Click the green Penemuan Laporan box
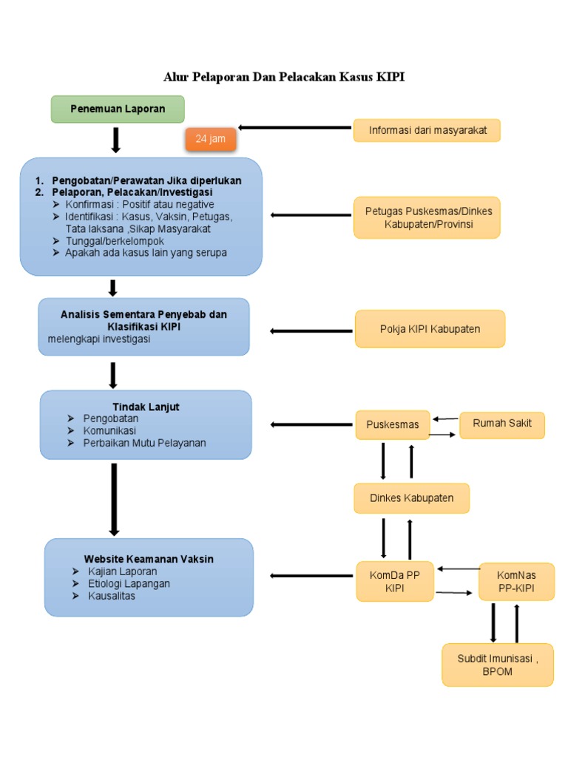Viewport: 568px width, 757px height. point(118,109)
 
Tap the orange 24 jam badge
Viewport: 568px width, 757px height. point(211,139)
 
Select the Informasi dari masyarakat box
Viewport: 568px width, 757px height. point(427,131)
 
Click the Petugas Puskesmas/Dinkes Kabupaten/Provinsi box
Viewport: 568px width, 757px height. point(427,217)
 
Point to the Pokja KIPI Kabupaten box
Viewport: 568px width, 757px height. point(430,329)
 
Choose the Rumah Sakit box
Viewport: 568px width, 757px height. point(501,424)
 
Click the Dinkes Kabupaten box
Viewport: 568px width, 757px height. point(411,498)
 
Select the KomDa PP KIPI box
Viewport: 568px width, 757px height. point(395,581)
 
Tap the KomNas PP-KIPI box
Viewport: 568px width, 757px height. point(516,582)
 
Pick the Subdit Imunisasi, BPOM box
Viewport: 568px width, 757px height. point(497,665)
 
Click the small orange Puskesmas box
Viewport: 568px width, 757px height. point(393,424)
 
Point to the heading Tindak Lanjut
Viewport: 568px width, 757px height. point(146,407)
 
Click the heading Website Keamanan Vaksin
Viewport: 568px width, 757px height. point(149,559)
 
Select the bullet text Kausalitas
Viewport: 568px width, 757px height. point(112,596)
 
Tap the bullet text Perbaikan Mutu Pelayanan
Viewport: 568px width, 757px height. point(144,443)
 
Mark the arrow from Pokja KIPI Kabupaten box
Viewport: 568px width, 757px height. point(311,330)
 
